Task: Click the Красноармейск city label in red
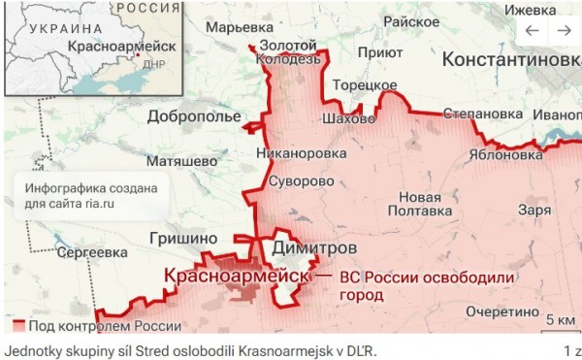point(234,277)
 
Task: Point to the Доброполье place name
point(194,117)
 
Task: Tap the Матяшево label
point(180,158)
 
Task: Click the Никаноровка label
point(301,152)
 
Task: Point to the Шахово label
point(347,119)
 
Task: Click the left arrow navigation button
point(532,31)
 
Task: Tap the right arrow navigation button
point(564,31)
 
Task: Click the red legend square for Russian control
point(18,324)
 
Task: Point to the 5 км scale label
point(560,320)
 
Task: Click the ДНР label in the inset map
point(154,64)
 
